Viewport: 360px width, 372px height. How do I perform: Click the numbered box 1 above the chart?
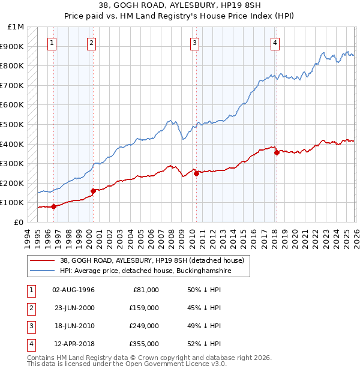53,43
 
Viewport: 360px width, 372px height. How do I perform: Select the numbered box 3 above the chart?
195,43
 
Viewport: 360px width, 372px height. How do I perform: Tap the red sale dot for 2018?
277,152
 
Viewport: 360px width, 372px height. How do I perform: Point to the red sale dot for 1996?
53,206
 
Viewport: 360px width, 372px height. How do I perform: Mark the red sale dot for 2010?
196,173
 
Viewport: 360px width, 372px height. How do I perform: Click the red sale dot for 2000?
93,191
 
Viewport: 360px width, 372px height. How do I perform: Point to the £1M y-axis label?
16,27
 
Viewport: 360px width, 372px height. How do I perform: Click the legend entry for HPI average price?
145,271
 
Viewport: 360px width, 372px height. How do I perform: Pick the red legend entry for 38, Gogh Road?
151,261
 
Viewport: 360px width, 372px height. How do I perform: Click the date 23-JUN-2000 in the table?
74,308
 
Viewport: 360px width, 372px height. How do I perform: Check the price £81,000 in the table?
145,290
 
